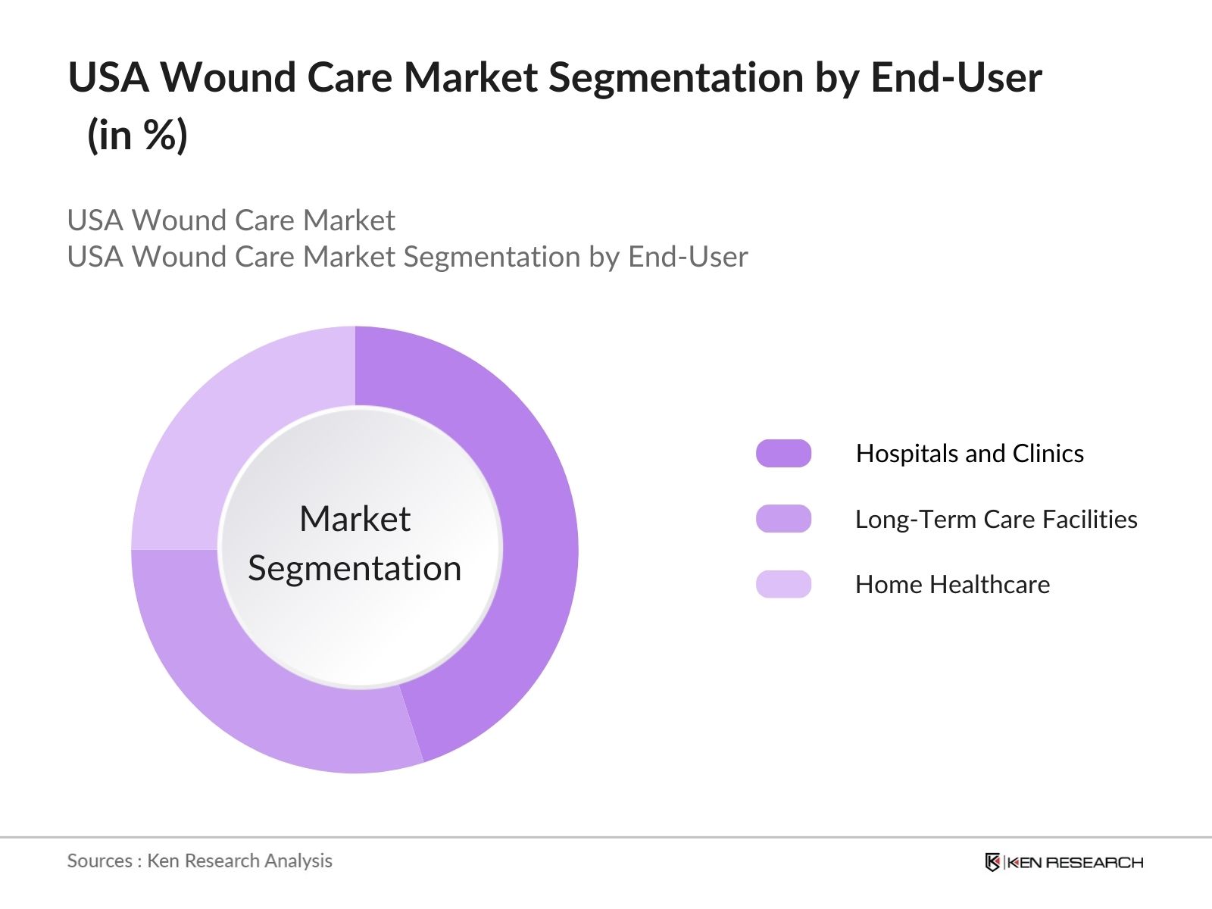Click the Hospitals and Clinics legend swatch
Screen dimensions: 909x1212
783,453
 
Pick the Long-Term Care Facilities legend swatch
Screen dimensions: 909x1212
783,519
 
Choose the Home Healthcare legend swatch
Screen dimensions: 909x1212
783,584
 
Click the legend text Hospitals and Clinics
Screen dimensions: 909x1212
970,453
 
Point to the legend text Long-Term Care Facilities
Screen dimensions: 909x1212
996,519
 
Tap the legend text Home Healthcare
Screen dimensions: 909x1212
952,584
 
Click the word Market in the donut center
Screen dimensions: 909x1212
355,519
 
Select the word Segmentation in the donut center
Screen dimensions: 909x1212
355,568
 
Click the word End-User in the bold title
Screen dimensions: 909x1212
956,77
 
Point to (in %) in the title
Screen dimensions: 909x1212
137,135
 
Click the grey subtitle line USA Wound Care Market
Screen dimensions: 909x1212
231,220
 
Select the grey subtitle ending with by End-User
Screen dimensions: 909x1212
408,257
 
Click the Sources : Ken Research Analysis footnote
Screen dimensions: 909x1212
199,861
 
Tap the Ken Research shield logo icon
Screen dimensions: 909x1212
992,862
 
